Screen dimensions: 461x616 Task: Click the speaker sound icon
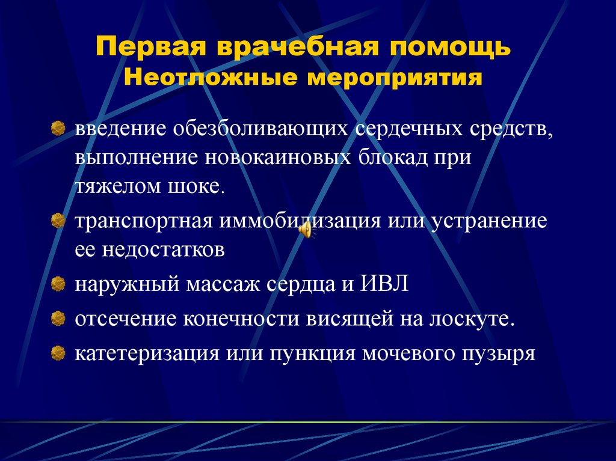[306, 230]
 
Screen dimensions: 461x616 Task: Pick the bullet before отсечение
[58, 317]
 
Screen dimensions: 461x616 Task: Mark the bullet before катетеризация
[58, 352]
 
